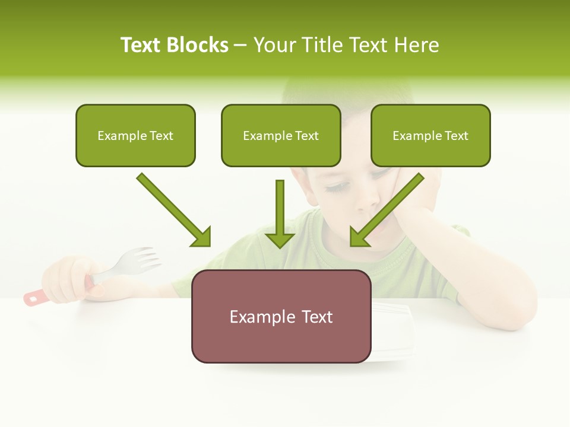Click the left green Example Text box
click(x=135, y=135)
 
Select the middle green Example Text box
click(x=281, y=135)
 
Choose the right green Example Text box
click(x=430, y=135)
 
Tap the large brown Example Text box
click(x=281, y=316)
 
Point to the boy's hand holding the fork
click(x=68, y=279)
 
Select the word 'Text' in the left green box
click(x=161, y=136)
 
